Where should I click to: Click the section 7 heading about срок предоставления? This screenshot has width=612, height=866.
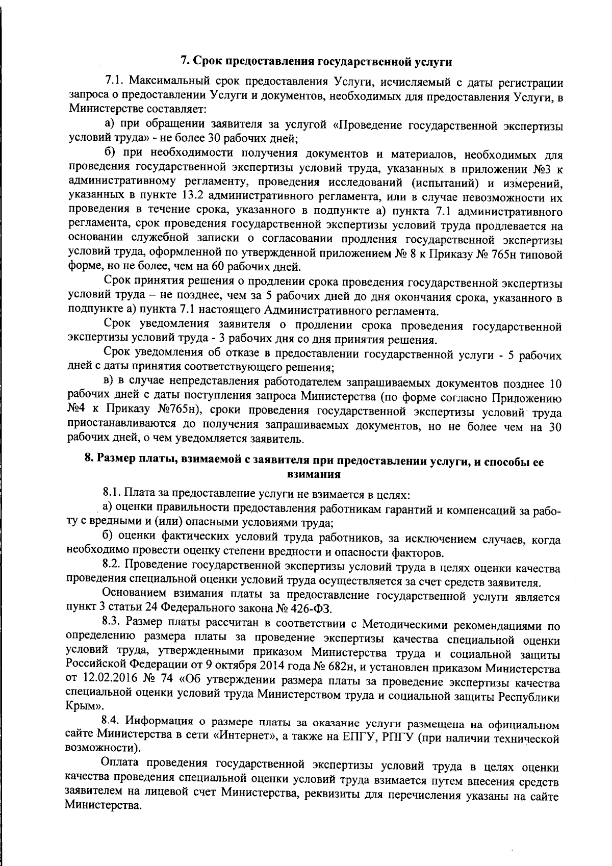pos(317,62)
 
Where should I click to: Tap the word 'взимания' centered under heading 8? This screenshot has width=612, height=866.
pos(314,475)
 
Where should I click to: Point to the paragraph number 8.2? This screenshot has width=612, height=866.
pos(111,565)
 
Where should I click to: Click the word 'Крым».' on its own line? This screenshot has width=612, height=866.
pos(84,707)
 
